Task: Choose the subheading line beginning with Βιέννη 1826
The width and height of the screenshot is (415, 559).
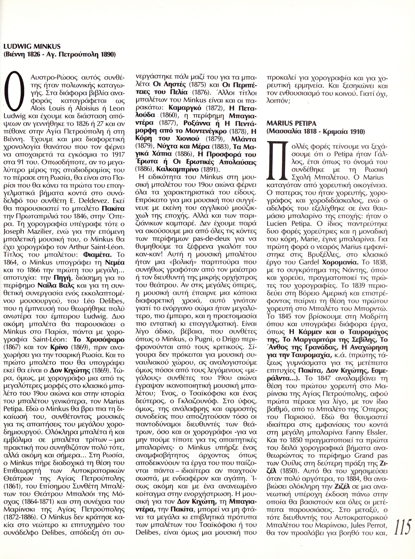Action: click(59, 55)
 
